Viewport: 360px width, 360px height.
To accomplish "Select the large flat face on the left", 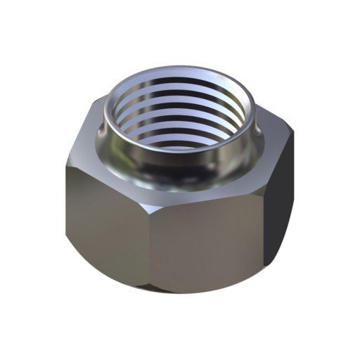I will point(105,211).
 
